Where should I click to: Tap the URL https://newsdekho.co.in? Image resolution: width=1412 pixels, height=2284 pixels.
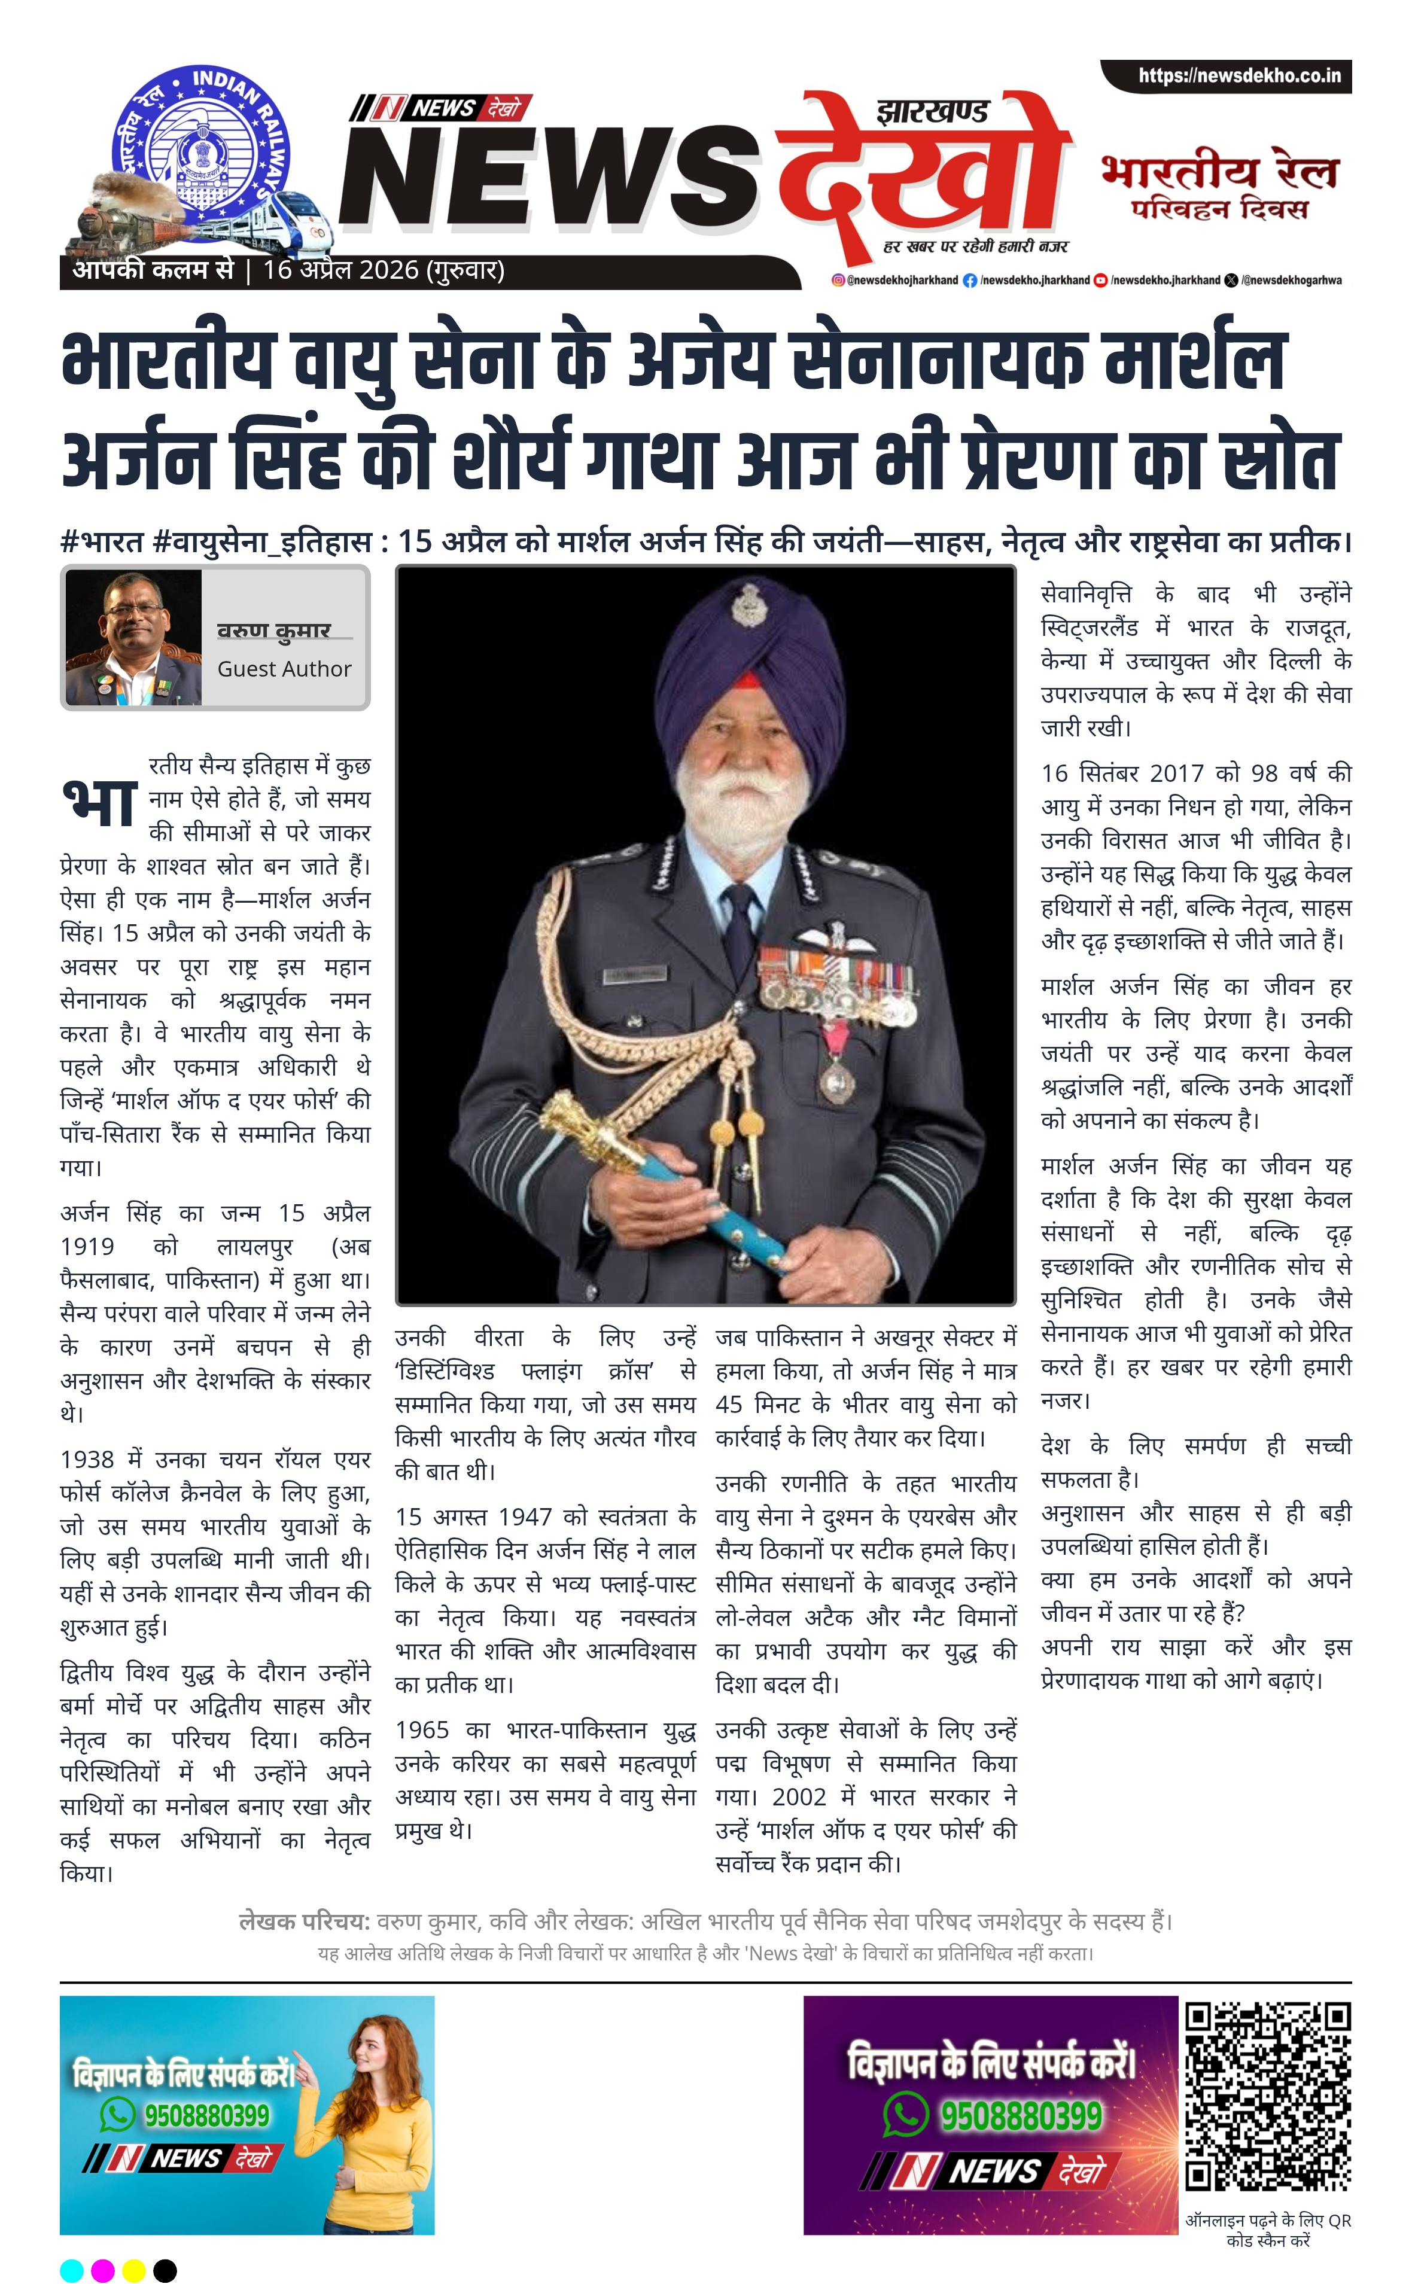click(x=1238, y=75)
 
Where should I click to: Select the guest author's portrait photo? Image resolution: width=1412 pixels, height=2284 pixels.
click(x=133, y=638)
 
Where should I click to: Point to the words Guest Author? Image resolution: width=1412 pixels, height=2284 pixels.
click(x=284, y=669)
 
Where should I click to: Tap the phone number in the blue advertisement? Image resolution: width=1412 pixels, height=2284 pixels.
click(x=206, y=2114)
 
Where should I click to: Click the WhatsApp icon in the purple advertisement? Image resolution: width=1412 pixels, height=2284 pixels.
click(x=905, y=2114)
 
